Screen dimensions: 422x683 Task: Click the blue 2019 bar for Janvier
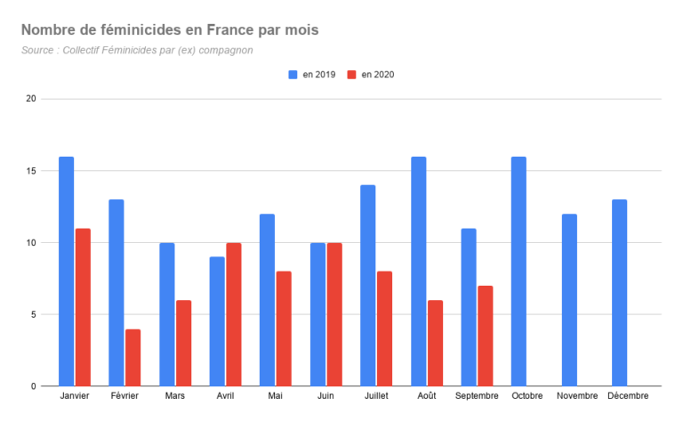(67, 272)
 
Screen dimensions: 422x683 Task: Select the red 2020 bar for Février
(133, 357)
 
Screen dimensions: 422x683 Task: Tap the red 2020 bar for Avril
(233, 314)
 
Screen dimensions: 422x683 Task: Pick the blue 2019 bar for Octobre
(518, 272)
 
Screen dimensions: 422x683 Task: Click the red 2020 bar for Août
(435, 343)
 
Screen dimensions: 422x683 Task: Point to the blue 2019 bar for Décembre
(619, 293)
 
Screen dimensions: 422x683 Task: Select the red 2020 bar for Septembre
(485, 336)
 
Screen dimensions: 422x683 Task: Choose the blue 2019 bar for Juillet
(368, 286)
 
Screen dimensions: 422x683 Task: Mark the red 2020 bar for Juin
(334, 314)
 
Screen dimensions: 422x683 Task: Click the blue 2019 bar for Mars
(167, 314)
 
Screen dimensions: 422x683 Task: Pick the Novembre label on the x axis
(578, 396)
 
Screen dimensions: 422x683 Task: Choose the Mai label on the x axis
(277, 396)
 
